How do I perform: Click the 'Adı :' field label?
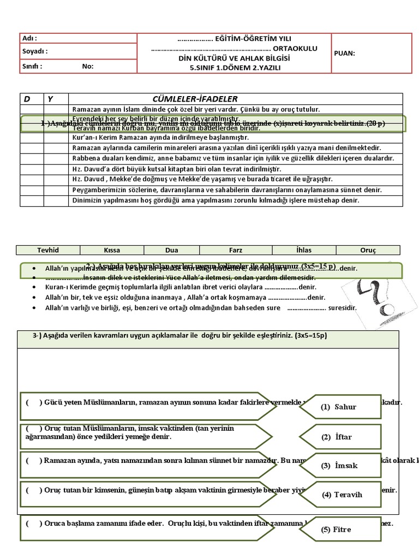[29, 38]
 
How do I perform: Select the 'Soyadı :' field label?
[34, 51]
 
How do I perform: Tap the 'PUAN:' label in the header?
[344, 53]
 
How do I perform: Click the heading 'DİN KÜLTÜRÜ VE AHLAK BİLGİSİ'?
[235, 58]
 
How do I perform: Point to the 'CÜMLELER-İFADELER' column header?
[195, 99]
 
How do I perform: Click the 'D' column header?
[27, 99]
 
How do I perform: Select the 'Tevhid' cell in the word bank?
[48, 250]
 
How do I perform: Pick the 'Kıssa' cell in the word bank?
[112, 250]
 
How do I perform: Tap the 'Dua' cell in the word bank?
[171, 250]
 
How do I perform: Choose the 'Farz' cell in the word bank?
[236, 250]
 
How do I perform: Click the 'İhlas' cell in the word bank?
[303, 250]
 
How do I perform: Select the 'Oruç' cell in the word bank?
[368, 250]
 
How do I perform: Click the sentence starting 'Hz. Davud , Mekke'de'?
[202, 179]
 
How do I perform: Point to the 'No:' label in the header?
[88, 66]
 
